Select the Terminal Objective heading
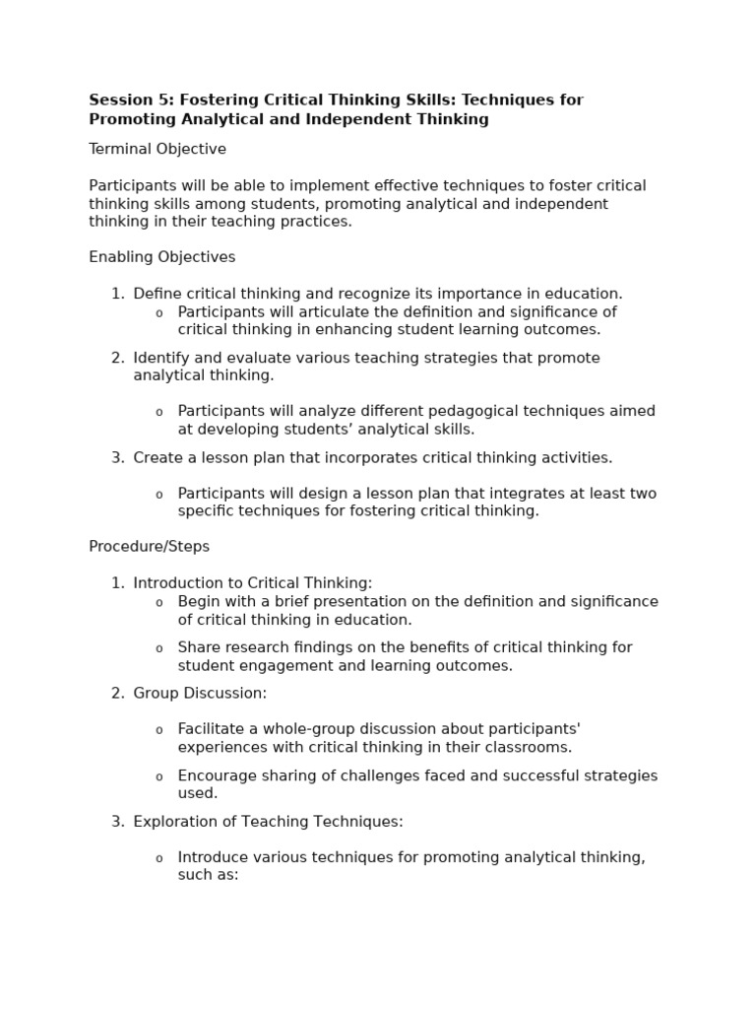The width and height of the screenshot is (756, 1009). (x=157, y=150)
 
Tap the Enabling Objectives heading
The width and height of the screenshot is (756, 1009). (x=162, y=257)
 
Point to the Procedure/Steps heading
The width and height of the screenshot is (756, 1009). (x=150, y=547)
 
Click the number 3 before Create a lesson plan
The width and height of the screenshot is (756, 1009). (x=116, y=458)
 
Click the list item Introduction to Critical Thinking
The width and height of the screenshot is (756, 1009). (x=253, y=583)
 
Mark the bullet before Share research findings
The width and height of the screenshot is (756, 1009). (x=158, y=648)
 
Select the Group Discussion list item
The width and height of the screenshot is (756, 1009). (x=200, y=694)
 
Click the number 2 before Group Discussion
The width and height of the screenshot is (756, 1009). (x=116, y=694)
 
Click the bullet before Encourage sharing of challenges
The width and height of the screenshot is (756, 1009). (x=158, y=776)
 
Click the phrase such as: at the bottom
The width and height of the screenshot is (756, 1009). (x=209, y=875)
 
